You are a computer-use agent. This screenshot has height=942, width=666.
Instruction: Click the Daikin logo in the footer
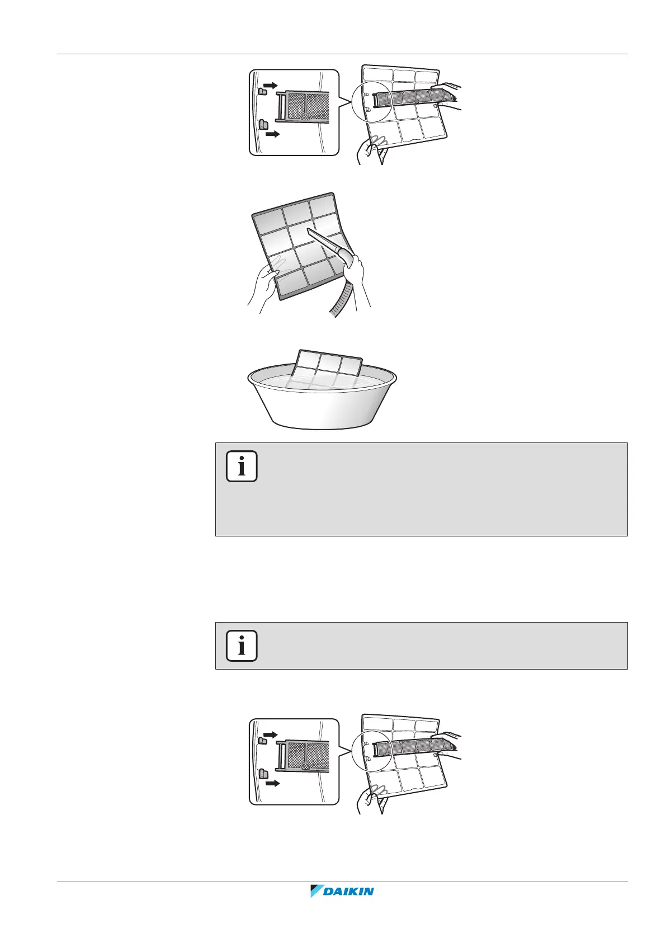[342, 907]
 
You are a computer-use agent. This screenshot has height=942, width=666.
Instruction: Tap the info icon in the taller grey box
[242, 466]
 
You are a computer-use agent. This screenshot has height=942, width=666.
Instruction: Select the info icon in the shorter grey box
[242, 646]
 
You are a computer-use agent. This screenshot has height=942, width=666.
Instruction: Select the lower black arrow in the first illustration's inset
[272, 134]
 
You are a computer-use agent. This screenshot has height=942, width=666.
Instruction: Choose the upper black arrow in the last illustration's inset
[271, 734]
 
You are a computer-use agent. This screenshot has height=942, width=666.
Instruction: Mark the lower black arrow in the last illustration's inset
[272, 783]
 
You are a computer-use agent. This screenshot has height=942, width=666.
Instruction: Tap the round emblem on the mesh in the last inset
[305, 767]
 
